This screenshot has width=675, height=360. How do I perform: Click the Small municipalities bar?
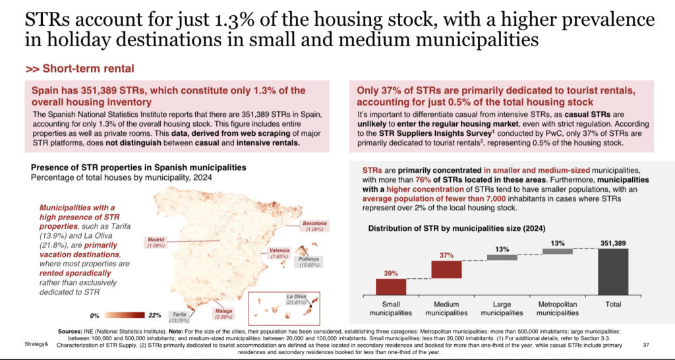tap(391, 286)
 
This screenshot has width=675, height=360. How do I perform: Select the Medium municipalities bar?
tap(447, 269)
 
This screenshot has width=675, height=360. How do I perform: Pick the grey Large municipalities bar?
tap(502, 257)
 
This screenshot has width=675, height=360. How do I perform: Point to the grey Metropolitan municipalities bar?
tap(558, 251)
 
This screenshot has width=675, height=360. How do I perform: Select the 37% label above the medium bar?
tap(446, 255)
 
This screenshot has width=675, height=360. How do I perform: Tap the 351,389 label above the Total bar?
tap(612, 243)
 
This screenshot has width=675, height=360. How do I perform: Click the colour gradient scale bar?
tap(125, 315)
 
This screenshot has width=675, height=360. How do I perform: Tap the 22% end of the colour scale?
tap(156, 315)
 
